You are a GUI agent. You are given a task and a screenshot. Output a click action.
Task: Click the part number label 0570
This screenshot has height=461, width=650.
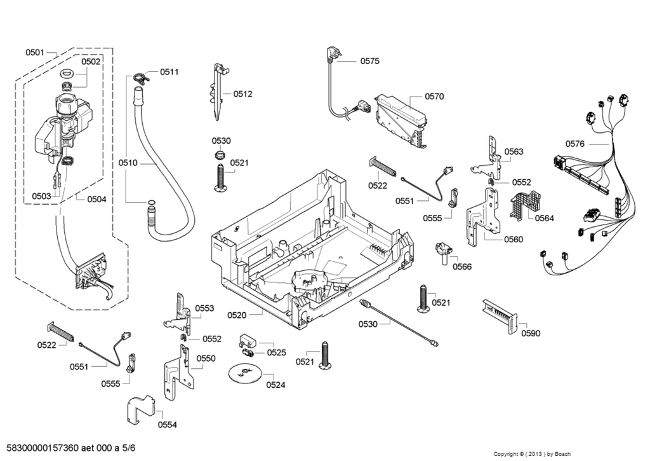[x=434, y=97]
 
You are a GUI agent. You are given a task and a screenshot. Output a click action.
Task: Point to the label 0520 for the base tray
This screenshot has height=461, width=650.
[x=236, y=315]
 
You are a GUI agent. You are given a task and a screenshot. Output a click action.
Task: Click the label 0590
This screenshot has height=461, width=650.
[x=531, y=333]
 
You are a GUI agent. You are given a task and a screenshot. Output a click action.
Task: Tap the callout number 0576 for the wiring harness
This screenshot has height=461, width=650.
[x=574, y=144]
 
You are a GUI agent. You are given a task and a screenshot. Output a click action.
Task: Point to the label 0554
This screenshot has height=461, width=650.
[x=168, y=425]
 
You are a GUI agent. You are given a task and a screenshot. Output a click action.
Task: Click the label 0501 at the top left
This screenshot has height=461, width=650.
[x=35, y=52]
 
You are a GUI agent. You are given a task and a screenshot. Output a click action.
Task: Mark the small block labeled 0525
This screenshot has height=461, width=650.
[x=248, y=343]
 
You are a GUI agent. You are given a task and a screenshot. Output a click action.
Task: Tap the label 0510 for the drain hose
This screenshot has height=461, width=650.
[x=128, y=163]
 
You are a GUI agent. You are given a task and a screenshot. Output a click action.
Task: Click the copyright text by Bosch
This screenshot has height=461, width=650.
[x=532, y=454]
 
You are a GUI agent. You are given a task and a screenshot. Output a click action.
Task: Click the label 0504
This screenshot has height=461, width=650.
[x=96, y=199]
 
